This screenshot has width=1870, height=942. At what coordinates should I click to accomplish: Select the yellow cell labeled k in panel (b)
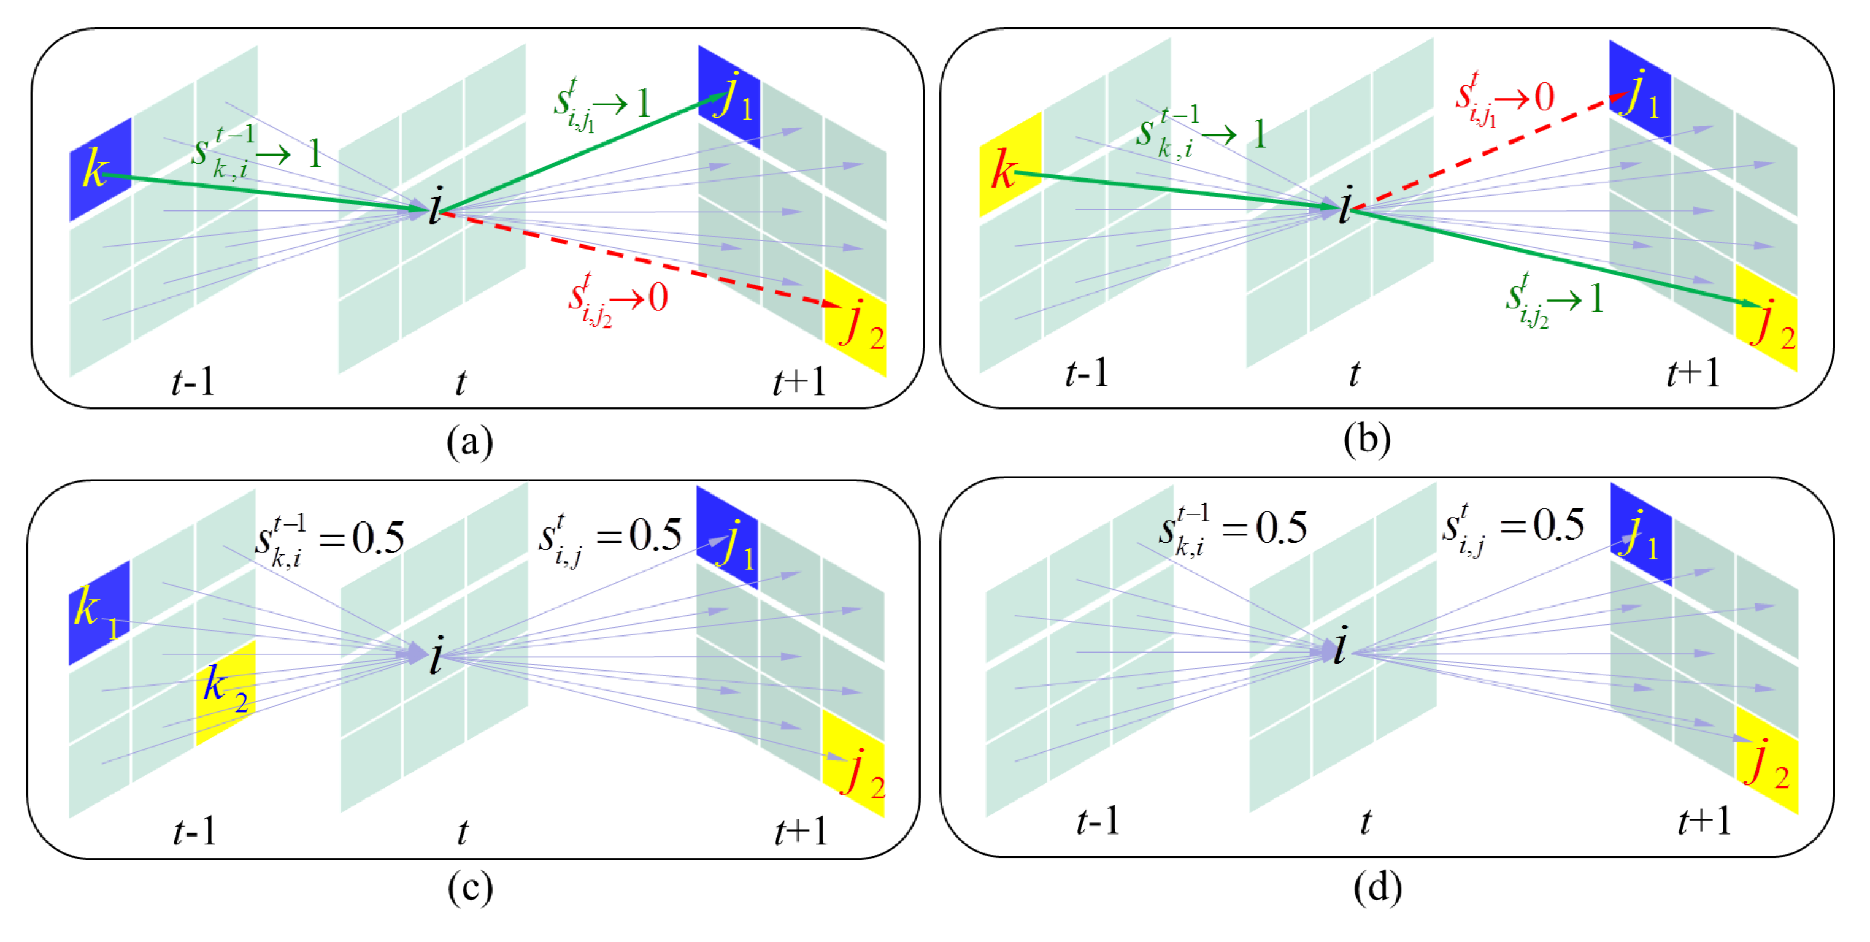pos(1010,165)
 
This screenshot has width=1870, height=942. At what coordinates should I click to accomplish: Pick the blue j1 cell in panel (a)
pos(729,96)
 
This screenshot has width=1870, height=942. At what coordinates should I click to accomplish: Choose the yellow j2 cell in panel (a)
pos(856,324)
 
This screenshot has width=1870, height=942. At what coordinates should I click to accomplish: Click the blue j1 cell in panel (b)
pos(1639,92)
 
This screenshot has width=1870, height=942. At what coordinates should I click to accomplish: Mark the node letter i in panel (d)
pos(1340,645)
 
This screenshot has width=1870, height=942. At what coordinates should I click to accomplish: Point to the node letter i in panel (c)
pos(436,656)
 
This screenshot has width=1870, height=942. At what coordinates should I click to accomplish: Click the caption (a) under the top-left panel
pos(470,440)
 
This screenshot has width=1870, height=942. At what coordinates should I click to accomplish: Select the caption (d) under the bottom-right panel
pos(1377,887)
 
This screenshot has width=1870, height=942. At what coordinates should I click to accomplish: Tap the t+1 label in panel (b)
pos(1693,373)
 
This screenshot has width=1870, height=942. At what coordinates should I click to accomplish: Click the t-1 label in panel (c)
pos(194,832)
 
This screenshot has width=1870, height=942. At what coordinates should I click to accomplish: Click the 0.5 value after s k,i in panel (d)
pos(1281,527)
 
